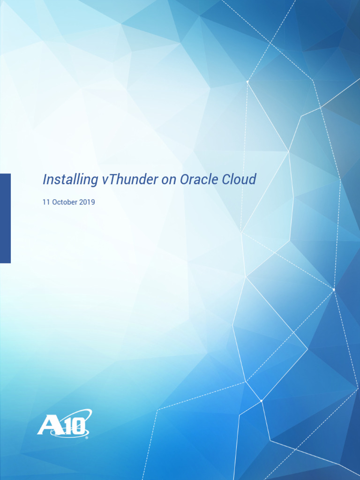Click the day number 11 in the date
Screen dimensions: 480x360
[46, 202]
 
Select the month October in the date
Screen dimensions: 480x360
[65, 202]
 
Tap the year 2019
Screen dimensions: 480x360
[87, 202]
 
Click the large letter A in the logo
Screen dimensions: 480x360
[48, 425]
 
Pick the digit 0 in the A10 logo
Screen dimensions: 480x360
[79, 427]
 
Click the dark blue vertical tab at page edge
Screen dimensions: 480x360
[5, 218]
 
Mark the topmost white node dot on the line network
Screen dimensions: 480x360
[247, 82]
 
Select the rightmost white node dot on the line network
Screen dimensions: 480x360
[334, 290]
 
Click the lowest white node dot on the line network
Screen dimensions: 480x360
[261, 401]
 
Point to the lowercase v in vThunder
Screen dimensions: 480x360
[104, 180]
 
